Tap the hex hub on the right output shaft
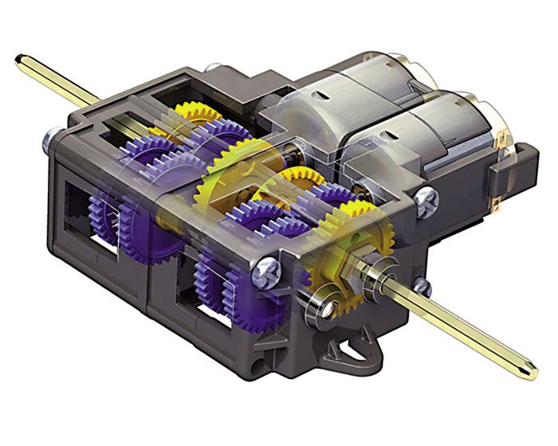coord(352,266)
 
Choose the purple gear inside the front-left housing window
coord(104,215)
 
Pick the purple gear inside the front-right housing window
coord(215,271)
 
